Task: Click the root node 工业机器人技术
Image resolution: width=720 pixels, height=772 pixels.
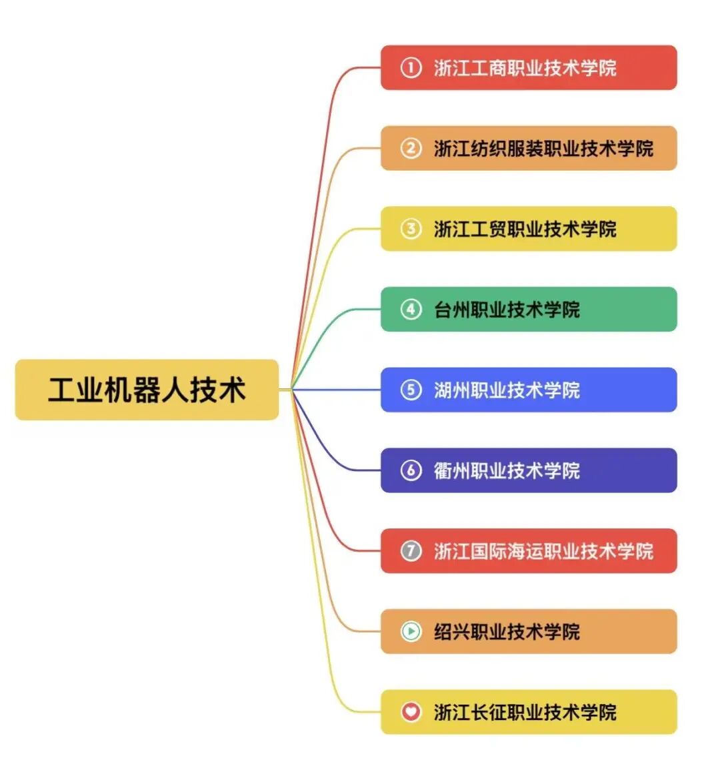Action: point(147,390)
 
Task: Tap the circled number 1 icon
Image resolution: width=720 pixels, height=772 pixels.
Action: point(411,67)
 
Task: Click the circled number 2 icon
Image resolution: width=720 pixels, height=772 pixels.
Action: point(411,148)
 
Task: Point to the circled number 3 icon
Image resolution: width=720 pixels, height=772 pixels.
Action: point(411,229)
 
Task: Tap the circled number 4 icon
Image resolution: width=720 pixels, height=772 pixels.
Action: point(411,310)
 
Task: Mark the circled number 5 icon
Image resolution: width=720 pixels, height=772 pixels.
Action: point(411,390)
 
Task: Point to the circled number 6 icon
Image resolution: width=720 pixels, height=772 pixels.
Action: point(411,470)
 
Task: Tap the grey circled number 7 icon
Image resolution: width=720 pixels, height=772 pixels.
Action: point(411,551)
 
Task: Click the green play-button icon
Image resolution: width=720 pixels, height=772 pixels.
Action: point(411,631)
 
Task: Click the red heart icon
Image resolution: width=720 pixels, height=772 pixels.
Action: point(411,712)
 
